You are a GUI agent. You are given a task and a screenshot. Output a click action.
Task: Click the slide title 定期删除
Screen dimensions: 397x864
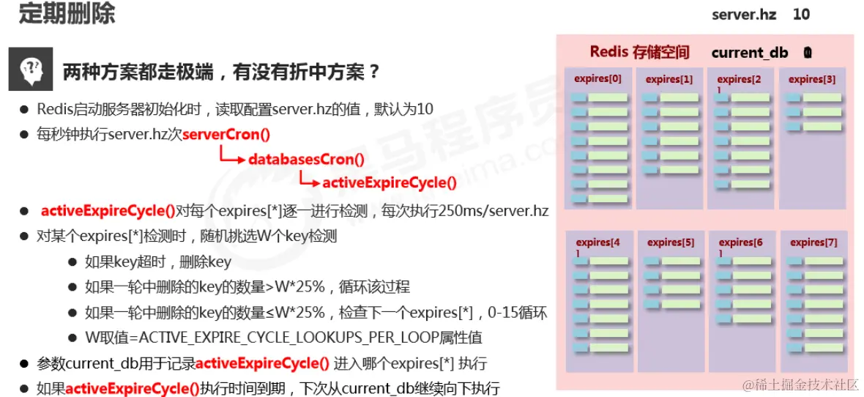tap(67, 15)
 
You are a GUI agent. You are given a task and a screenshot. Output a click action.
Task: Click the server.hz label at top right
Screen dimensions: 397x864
tap(744, 15)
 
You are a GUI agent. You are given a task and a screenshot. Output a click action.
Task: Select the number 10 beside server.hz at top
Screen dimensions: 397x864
tap(802, 15)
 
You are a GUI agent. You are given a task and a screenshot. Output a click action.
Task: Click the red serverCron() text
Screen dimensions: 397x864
tap(226, 134)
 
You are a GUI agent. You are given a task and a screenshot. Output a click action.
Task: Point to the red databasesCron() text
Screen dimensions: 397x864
tap(306, 159)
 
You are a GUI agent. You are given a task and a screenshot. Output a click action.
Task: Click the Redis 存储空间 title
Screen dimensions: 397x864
tap(639, 52)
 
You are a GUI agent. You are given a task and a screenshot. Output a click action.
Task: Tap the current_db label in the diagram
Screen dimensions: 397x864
tap(750, 53)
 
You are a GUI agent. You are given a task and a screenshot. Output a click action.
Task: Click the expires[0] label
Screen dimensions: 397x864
tap(597, 79)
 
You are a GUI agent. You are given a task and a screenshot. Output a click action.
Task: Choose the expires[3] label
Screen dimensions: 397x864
tap(812, 79)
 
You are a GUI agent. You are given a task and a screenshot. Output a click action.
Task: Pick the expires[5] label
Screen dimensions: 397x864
tap(671, 242)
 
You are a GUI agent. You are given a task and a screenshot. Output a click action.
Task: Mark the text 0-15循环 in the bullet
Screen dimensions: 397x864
tap(516, 313)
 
